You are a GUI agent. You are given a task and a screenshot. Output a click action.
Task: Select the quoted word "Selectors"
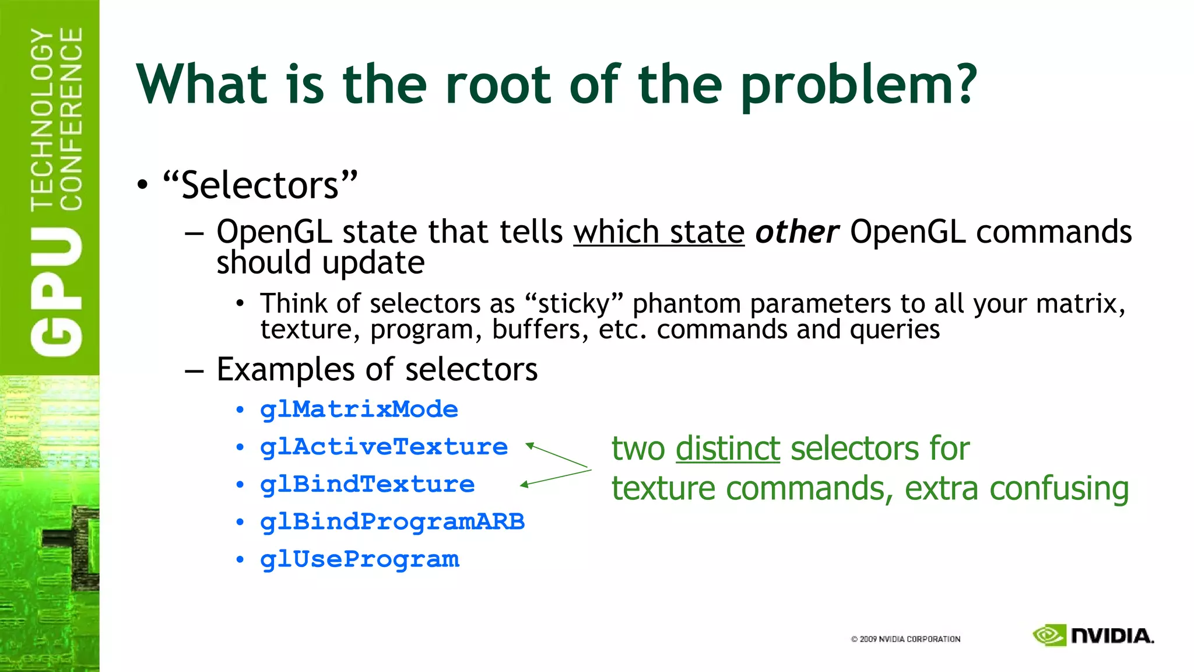(260, 185)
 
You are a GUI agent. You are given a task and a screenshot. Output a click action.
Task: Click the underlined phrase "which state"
(659, 232)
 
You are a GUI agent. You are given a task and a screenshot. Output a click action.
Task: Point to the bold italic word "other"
(797, 232)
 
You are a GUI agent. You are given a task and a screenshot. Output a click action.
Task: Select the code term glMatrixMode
(359, 409)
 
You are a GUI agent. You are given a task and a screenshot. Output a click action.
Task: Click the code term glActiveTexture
(384, 447)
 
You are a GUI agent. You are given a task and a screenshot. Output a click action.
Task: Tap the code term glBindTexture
(367, 485)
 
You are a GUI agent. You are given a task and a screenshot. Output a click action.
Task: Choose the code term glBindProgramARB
(392, 522)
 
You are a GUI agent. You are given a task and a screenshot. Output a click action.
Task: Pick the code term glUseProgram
(360, 559)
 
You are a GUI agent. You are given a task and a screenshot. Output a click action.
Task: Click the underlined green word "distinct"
(728, 449)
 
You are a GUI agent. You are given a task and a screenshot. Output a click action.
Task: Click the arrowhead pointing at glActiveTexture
(529, 446)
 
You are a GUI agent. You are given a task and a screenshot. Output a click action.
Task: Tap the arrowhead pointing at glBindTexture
(524, 484)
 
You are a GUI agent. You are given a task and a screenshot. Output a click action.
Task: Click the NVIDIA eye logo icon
(1049, 635)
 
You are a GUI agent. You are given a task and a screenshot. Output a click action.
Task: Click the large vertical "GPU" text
(57, 292)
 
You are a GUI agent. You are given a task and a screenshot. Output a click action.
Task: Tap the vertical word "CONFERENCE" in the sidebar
(71, 119)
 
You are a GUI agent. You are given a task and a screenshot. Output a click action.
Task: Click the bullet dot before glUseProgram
(240, 559)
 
